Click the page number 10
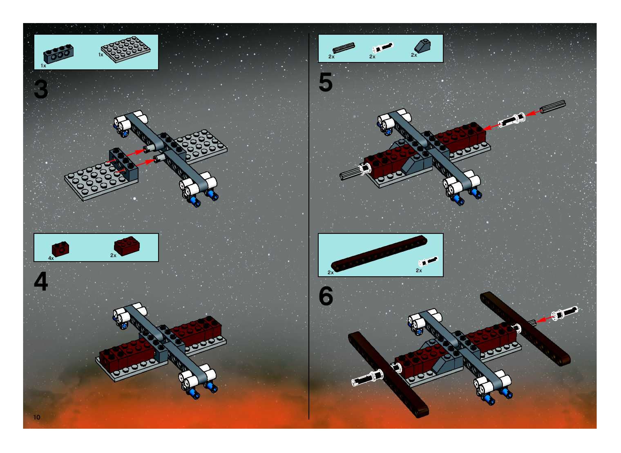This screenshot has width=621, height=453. coord(37,417)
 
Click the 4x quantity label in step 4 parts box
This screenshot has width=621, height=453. coord(51,258)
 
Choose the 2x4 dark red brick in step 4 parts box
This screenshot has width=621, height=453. coord(127,246)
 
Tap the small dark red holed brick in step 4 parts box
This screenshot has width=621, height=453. coord(60,249)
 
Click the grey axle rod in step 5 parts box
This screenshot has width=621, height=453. coord(343,48)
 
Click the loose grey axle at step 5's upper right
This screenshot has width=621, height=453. coord(553,106)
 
